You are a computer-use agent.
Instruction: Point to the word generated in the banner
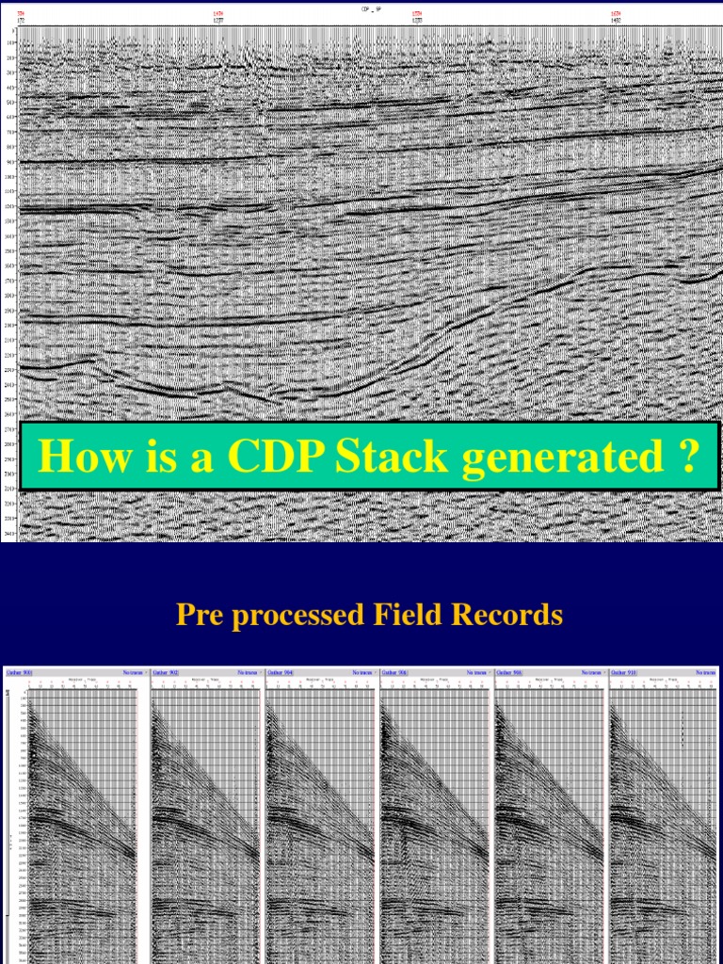[557, 458]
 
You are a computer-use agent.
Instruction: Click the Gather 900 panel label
[20, 672]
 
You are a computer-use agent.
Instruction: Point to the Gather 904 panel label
[281, 672]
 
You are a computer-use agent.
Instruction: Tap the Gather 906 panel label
[396, 672]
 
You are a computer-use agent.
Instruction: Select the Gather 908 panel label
[511, 672]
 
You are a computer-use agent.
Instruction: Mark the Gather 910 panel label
[626, 672]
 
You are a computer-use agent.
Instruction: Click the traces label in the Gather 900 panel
[133, 672]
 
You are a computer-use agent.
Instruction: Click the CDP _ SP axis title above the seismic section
[361, 7]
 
